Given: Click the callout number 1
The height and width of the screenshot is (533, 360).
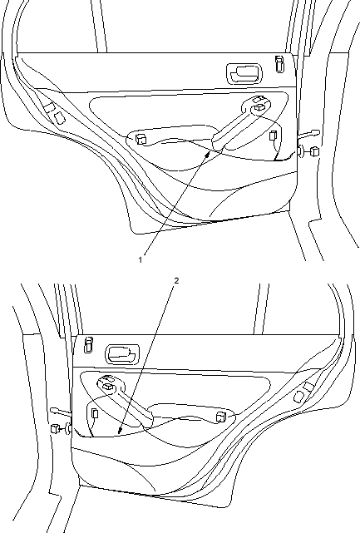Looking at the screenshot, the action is tap(140, 260).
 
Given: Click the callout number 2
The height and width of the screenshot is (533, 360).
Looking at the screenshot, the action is tap(176, 280).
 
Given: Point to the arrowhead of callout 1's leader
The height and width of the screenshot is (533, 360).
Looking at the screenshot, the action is tap(208, 155).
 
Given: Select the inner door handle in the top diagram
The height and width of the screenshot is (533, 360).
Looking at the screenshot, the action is tap(244, 73).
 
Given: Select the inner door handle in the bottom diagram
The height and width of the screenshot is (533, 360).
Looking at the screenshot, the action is tap(122, 354).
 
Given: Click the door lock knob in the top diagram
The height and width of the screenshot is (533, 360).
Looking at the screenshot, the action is tap(279, 64).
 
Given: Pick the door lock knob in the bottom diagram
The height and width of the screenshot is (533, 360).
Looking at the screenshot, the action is tap(89, 345).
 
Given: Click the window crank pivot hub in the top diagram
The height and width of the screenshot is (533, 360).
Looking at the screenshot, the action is tap(259, 108).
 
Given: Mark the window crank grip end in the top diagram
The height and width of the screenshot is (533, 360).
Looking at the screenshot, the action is tap(218, 143).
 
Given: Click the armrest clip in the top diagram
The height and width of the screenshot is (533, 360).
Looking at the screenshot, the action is tap(141, 139).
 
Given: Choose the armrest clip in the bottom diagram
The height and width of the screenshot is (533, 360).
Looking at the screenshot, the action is tap(221, 417).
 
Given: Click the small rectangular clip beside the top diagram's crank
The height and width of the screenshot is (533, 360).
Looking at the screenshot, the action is tap(273, 136).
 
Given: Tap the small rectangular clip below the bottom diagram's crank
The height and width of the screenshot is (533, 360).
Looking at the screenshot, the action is tap(95, 413).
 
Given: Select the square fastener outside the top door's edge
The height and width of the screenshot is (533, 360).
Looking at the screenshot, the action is tap(315, 151).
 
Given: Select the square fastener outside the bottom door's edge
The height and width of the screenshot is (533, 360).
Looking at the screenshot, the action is tap(54, 428).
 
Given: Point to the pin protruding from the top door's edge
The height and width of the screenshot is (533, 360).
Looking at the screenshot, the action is tap(308, 134).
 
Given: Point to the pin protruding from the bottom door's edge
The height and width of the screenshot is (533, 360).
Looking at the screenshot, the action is tap(61, 412).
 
